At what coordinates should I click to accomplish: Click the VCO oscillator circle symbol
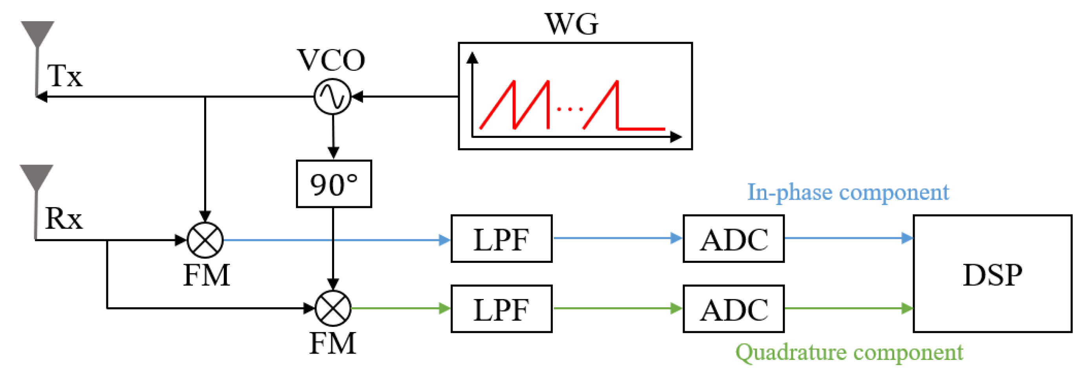332,97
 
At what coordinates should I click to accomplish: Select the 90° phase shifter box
334,184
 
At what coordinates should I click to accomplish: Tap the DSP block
992,274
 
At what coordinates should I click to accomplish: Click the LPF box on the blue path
501,239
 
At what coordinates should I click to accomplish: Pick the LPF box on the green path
501,309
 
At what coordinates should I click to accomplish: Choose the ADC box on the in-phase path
733,239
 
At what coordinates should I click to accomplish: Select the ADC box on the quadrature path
733,309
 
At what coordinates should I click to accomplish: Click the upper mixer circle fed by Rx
205,240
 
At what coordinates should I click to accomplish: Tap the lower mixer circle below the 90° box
333,308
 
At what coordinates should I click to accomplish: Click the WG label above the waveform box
571,24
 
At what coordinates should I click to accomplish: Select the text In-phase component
848,193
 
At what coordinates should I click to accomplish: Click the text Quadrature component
849,352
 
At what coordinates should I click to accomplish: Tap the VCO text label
331,60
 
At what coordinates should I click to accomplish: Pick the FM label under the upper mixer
206,275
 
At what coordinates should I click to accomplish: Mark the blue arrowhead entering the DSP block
906,238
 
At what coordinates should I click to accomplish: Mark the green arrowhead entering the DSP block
906,308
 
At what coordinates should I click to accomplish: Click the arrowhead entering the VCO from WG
357,97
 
